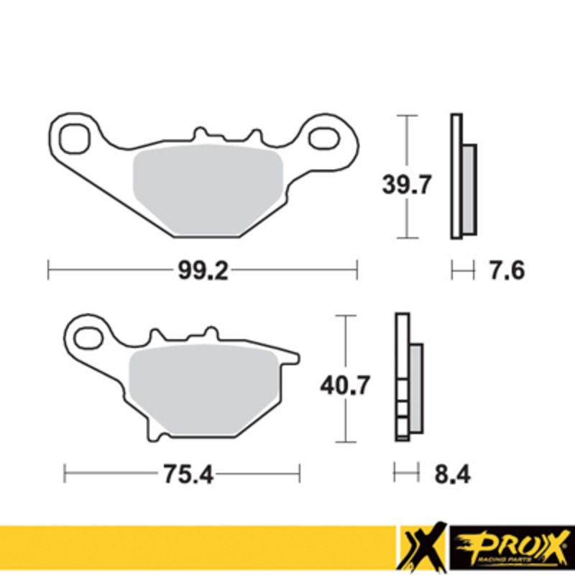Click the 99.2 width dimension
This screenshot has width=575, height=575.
point(202,271)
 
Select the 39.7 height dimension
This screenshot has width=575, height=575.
point(406,185)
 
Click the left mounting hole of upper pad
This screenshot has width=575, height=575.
point(73,137)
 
